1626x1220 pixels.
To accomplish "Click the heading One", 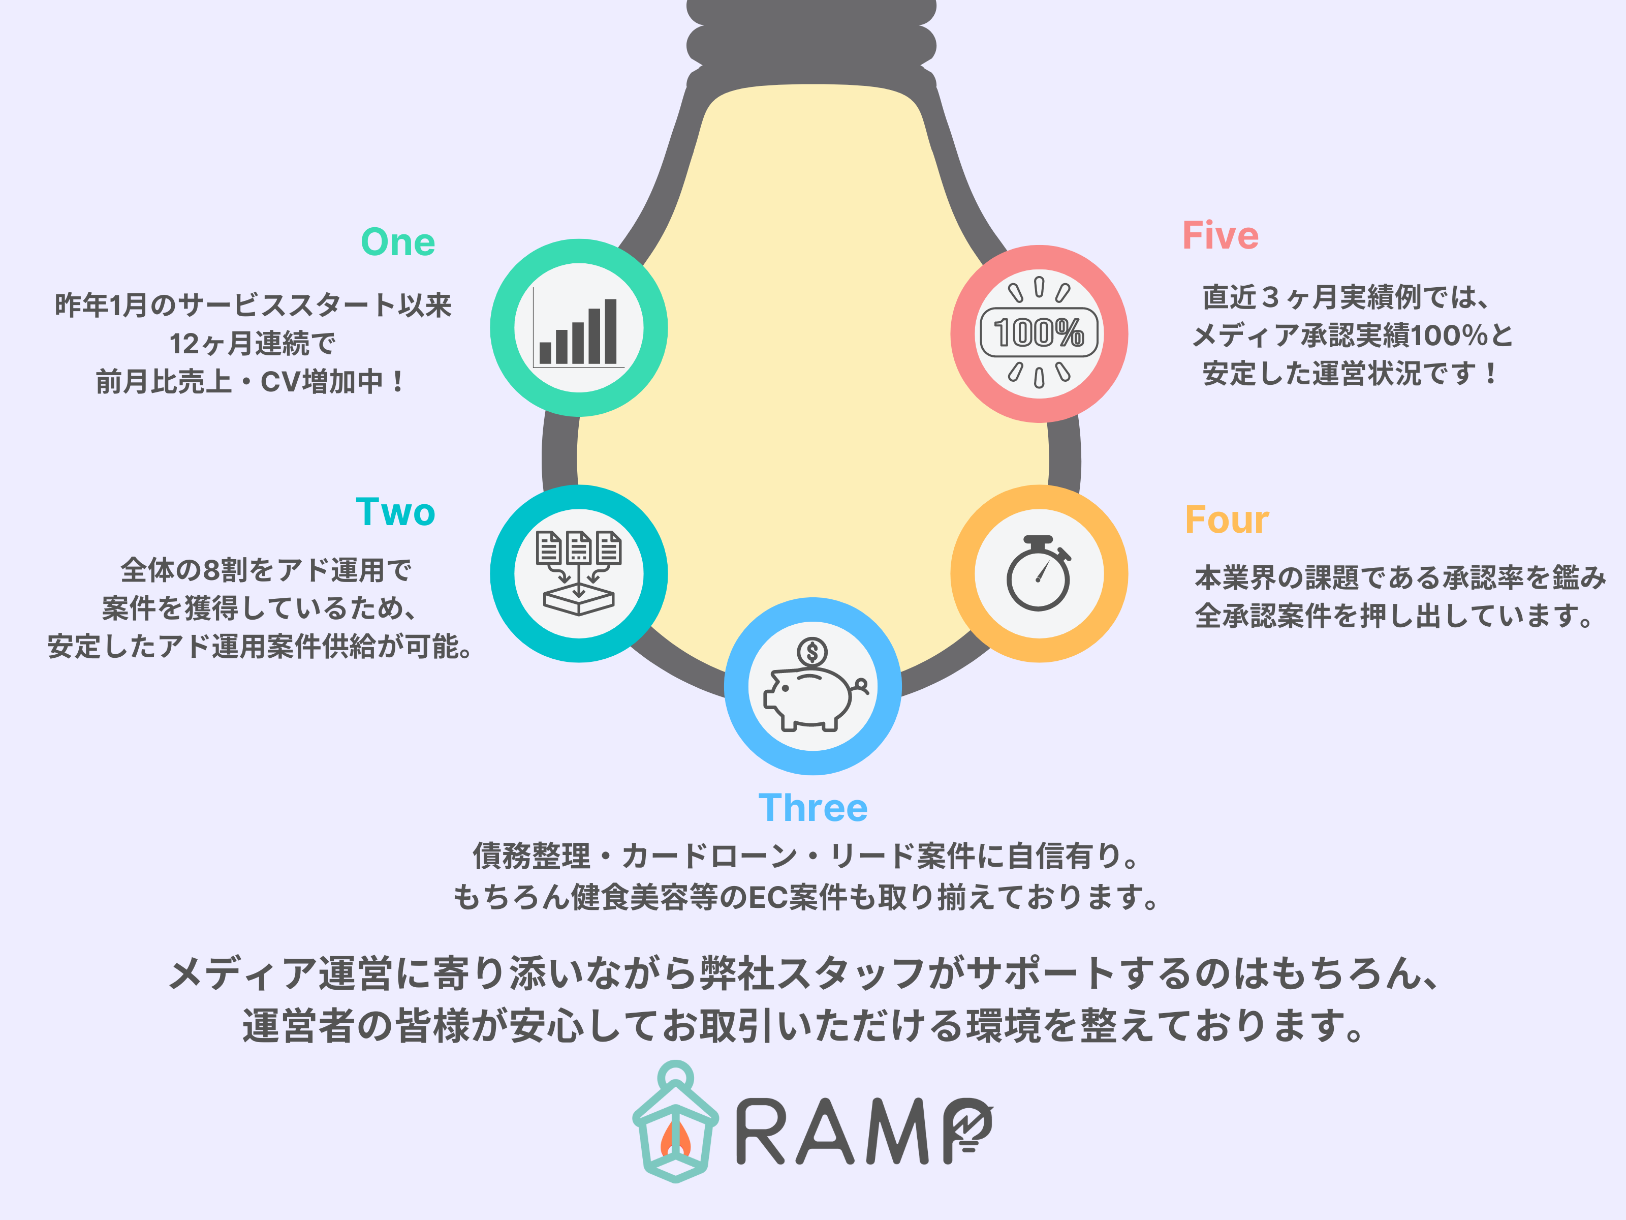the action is (x=398, y=242).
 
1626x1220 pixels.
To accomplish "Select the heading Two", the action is (x=395, y=512).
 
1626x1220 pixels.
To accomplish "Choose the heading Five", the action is (x=1220, y=236).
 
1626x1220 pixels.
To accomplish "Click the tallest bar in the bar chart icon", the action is (x=610, y=331).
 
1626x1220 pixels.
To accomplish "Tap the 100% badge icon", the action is (x=1039, y=332).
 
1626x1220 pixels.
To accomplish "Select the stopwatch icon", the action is (x=1038, y=573).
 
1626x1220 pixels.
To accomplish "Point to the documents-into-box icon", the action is (x=579, y=573).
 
